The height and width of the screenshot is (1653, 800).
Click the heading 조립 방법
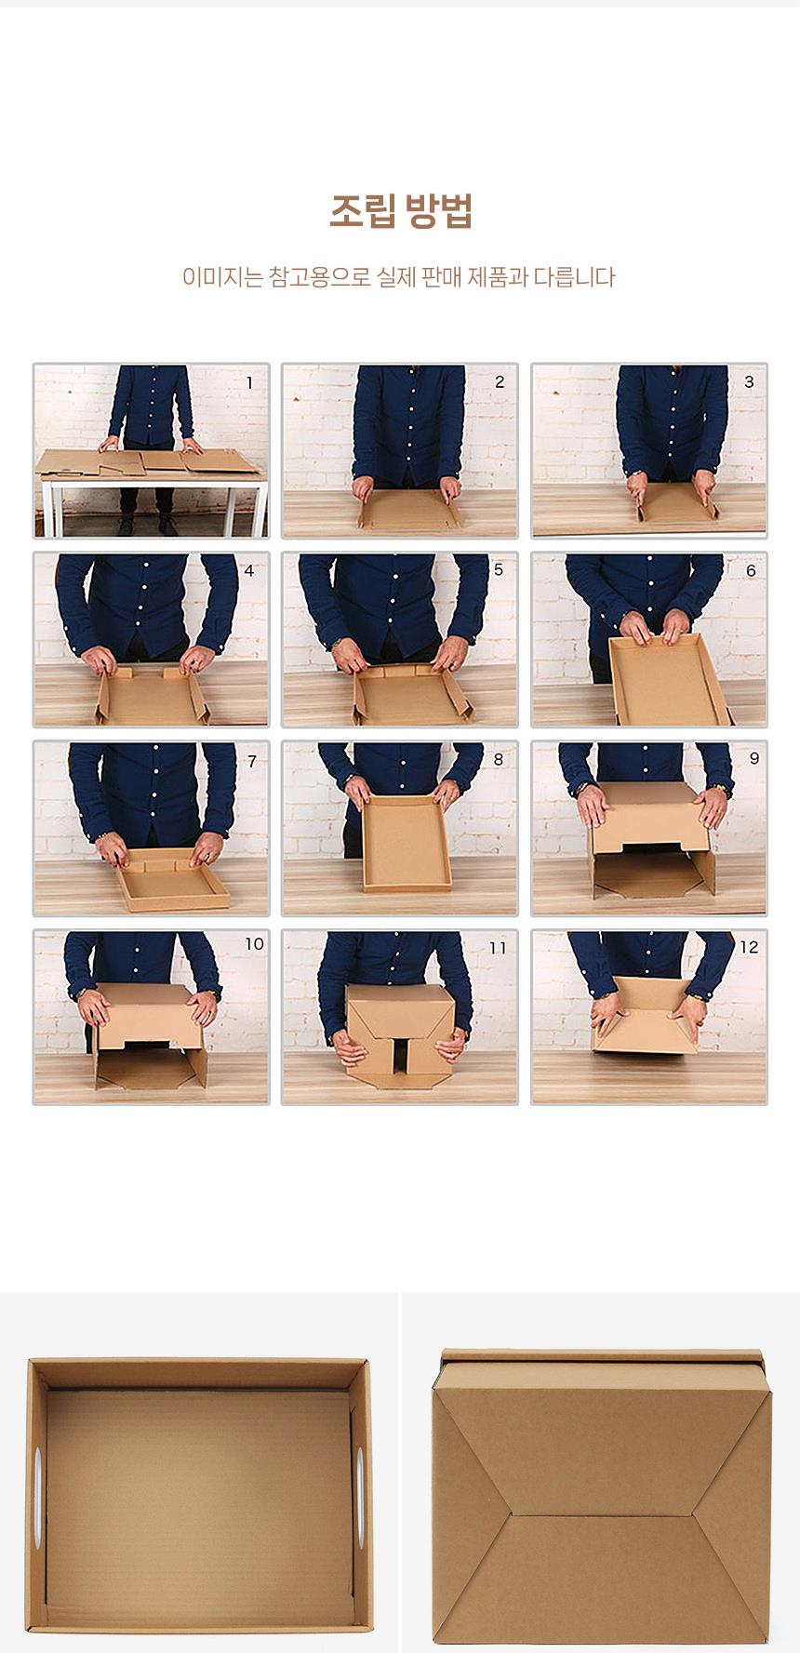pos(400,212)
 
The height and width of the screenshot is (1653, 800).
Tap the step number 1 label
pos(249,382)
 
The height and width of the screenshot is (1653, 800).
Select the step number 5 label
pos(499,569)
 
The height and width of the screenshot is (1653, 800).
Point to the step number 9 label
pos(753,758)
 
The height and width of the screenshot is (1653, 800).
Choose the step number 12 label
pos(749,947)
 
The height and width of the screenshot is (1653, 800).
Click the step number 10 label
pos(254,943)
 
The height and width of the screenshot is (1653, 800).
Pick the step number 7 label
pos(251,761)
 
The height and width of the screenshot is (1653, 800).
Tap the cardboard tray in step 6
pos(667,678)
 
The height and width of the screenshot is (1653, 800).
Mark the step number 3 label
pos(749,382)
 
